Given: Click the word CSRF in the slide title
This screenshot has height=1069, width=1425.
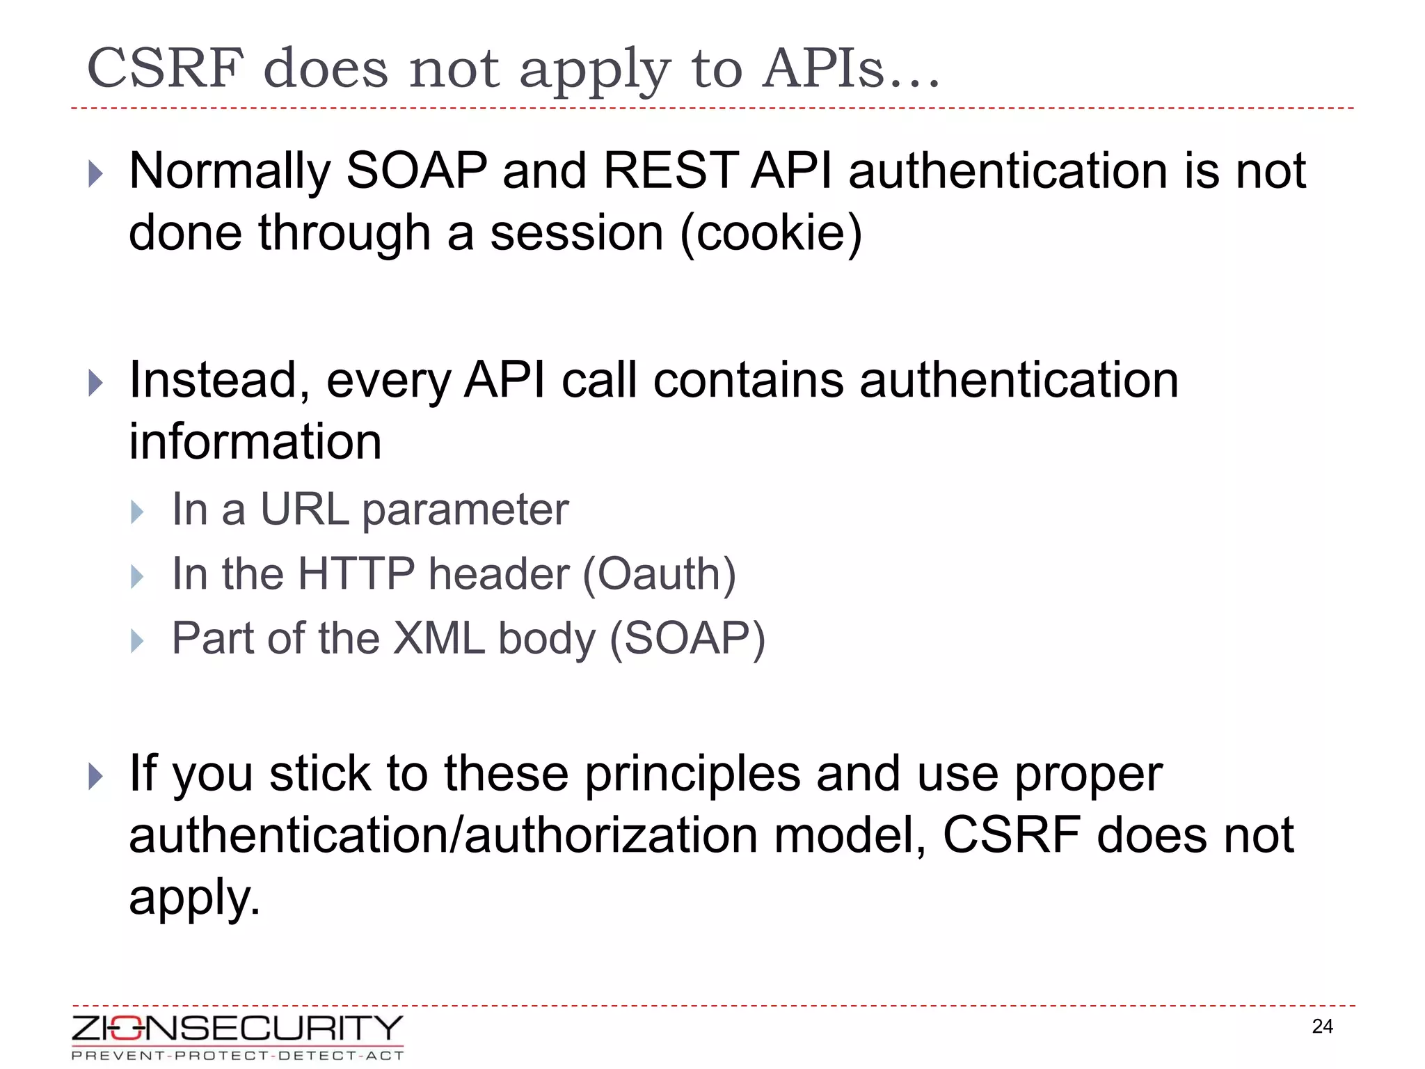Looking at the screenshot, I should pos(166,69).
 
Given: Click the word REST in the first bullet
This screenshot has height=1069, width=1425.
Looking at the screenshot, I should pos(669,171).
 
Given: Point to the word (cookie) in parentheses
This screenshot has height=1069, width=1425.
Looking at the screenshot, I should pos(771,233).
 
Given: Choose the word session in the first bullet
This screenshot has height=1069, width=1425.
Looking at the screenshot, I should pos(577,233).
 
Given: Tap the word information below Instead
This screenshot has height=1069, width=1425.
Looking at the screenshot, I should pos(255,442).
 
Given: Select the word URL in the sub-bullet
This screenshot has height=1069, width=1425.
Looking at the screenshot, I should pos(304,509).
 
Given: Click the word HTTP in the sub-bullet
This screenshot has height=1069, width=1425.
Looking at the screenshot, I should pos(356,574).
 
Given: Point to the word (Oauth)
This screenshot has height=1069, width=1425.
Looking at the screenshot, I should pos(659,574).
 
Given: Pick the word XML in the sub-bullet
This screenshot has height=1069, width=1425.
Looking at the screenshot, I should pos(439,638).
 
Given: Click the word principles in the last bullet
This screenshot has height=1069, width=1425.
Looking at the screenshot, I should pos(692,774).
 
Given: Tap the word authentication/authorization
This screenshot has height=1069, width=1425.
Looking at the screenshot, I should pos(443,836).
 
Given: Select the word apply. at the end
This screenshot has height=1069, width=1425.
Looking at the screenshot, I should pos(195,898).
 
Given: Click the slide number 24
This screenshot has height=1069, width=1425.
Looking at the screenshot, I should pos(1322,1027).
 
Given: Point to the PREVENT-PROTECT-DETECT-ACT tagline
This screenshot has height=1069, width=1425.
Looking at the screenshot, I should pos(237,1056).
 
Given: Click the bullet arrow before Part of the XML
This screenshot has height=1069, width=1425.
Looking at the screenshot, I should pos(137,641).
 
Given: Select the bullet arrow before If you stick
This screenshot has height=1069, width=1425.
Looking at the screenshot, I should pos(96,776).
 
